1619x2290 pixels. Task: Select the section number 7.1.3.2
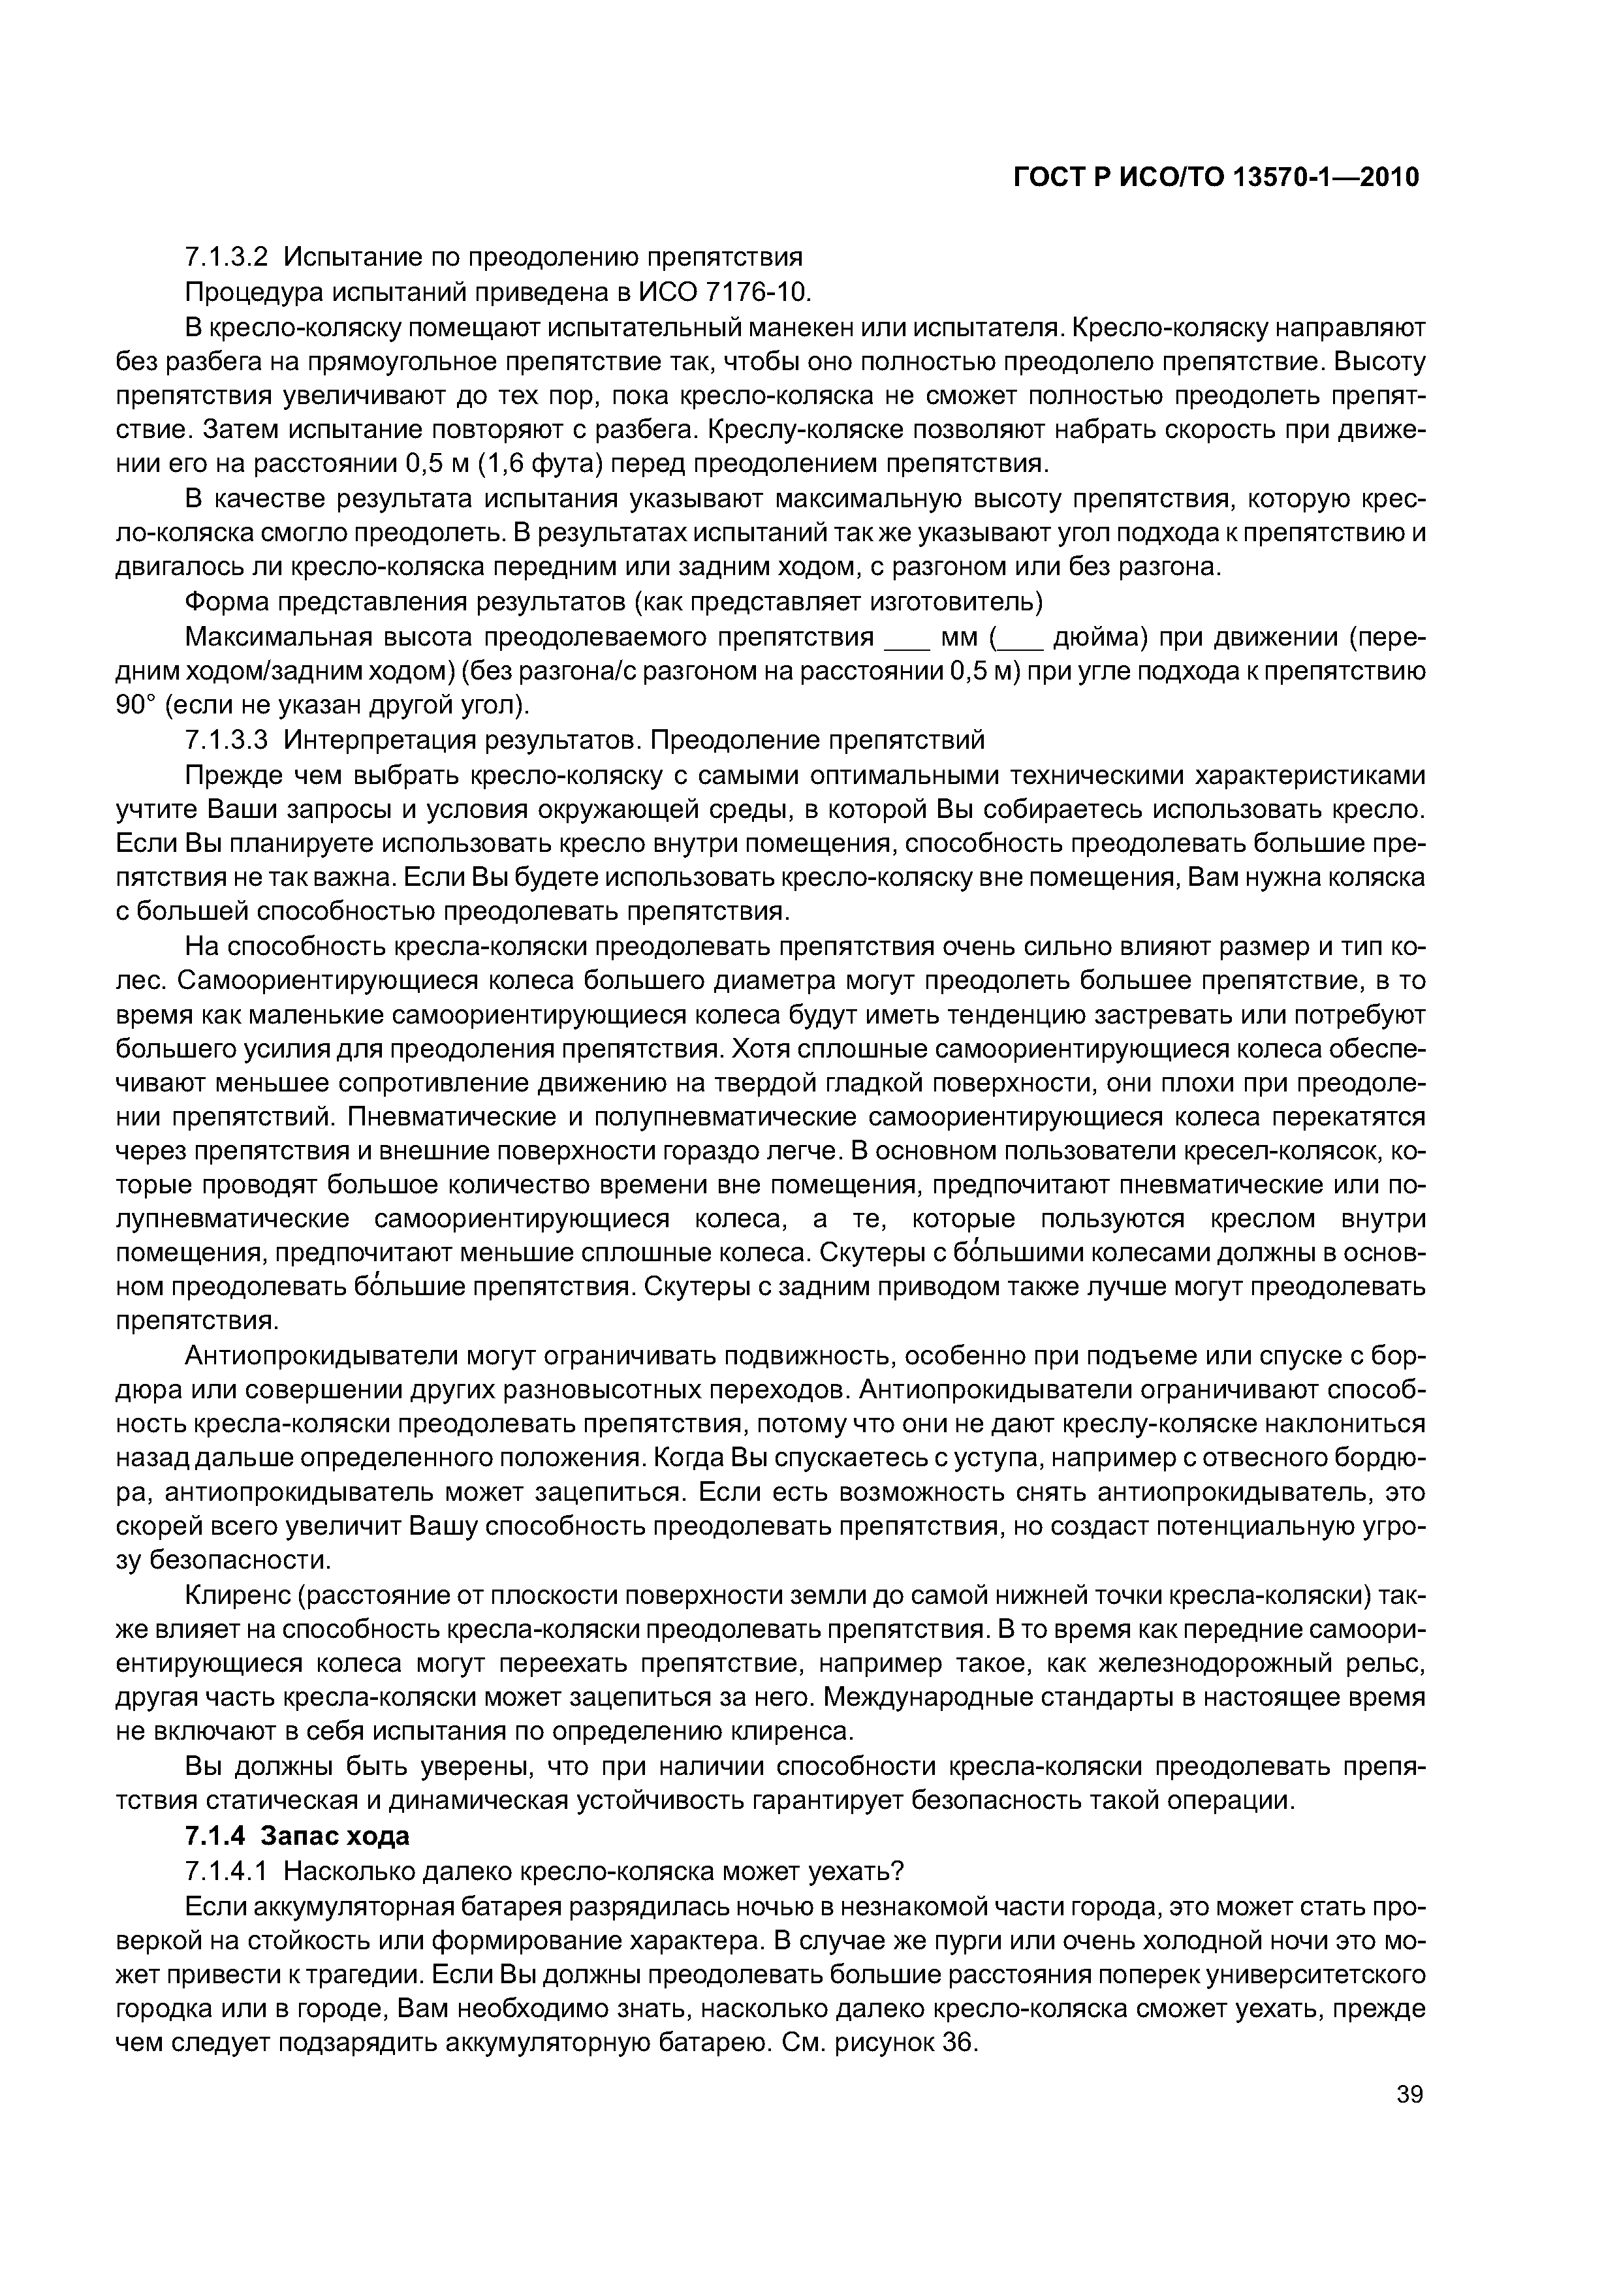pos(227,257)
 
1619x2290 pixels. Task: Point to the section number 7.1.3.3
pos(227,740)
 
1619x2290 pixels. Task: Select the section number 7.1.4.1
pos(227,1870)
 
